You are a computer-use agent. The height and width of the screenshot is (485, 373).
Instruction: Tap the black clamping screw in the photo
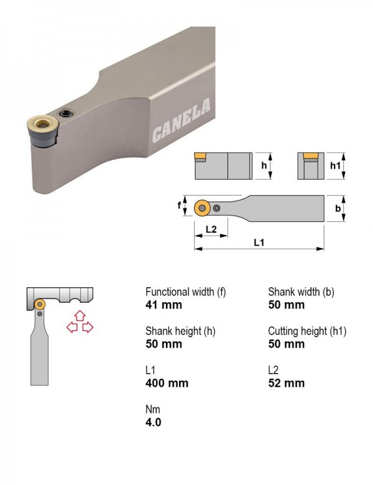[66, 113]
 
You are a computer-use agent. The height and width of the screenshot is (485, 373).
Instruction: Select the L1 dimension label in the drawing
[259, 242]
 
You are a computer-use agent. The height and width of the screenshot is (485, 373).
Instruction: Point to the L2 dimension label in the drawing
[211, 229]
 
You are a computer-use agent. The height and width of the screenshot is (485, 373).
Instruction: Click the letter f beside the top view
[179, 205]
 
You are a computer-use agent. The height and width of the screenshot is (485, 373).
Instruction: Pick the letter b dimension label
[338, 208]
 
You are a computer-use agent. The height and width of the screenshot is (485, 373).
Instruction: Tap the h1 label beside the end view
[335, 166]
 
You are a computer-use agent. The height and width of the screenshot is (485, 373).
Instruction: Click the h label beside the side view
[264, 165]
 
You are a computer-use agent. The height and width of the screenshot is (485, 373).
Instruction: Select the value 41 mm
[163, 305]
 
